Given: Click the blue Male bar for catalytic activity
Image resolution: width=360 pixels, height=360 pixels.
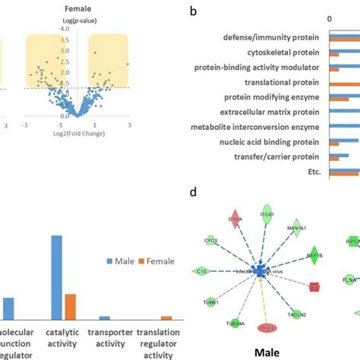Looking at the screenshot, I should click(x=56, y=278).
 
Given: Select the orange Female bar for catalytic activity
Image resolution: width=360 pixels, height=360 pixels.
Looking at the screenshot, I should click(x=70, y=307).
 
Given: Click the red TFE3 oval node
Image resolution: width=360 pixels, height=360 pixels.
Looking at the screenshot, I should click(x=265, y=329).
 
